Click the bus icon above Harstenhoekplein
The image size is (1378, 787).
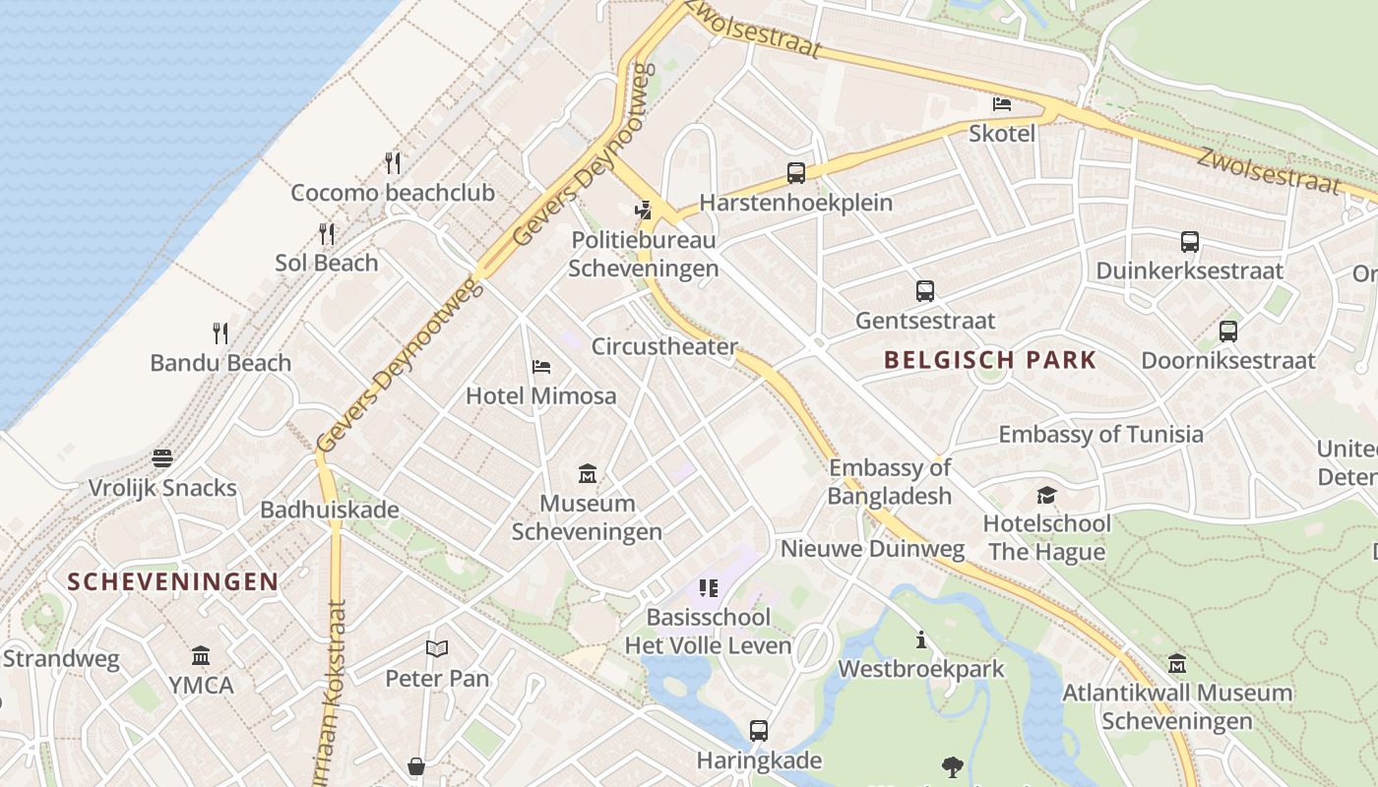(x=796, y=173)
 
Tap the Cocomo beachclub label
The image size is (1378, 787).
(x=392, y=193)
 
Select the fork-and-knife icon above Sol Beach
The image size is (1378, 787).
(x=327, y=233)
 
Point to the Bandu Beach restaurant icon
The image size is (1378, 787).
(x=220, y=333)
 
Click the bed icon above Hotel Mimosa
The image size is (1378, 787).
(x=540, y=367)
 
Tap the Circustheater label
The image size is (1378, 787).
(x=663, y=346)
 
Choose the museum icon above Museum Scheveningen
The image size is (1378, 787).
(x=588, y=474)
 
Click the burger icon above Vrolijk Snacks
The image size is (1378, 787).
(x=162, y=458)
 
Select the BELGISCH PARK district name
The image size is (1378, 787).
(x=989, y=360)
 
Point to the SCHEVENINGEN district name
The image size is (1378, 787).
(x=173, y=581)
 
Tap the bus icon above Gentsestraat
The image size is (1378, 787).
(x=924, y=291)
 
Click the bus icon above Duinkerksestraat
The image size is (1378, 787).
(x=1189, y=241)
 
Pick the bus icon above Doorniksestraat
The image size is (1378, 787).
(x=1227, y=331)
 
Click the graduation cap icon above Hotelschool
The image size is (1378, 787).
(x=1046, y=494)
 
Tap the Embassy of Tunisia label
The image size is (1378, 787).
(x=1100, y=434)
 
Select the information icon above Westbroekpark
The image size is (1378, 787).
(x=921, y=639)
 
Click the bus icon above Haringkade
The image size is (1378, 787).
(x=758, y=731)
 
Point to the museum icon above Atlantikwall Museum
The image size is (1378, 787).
(x=1176, y=663)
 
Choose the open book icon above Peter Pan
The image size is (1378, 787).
(x=436, y=649)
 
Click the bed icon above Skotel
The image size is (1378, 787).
(x=1002, y=103)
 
